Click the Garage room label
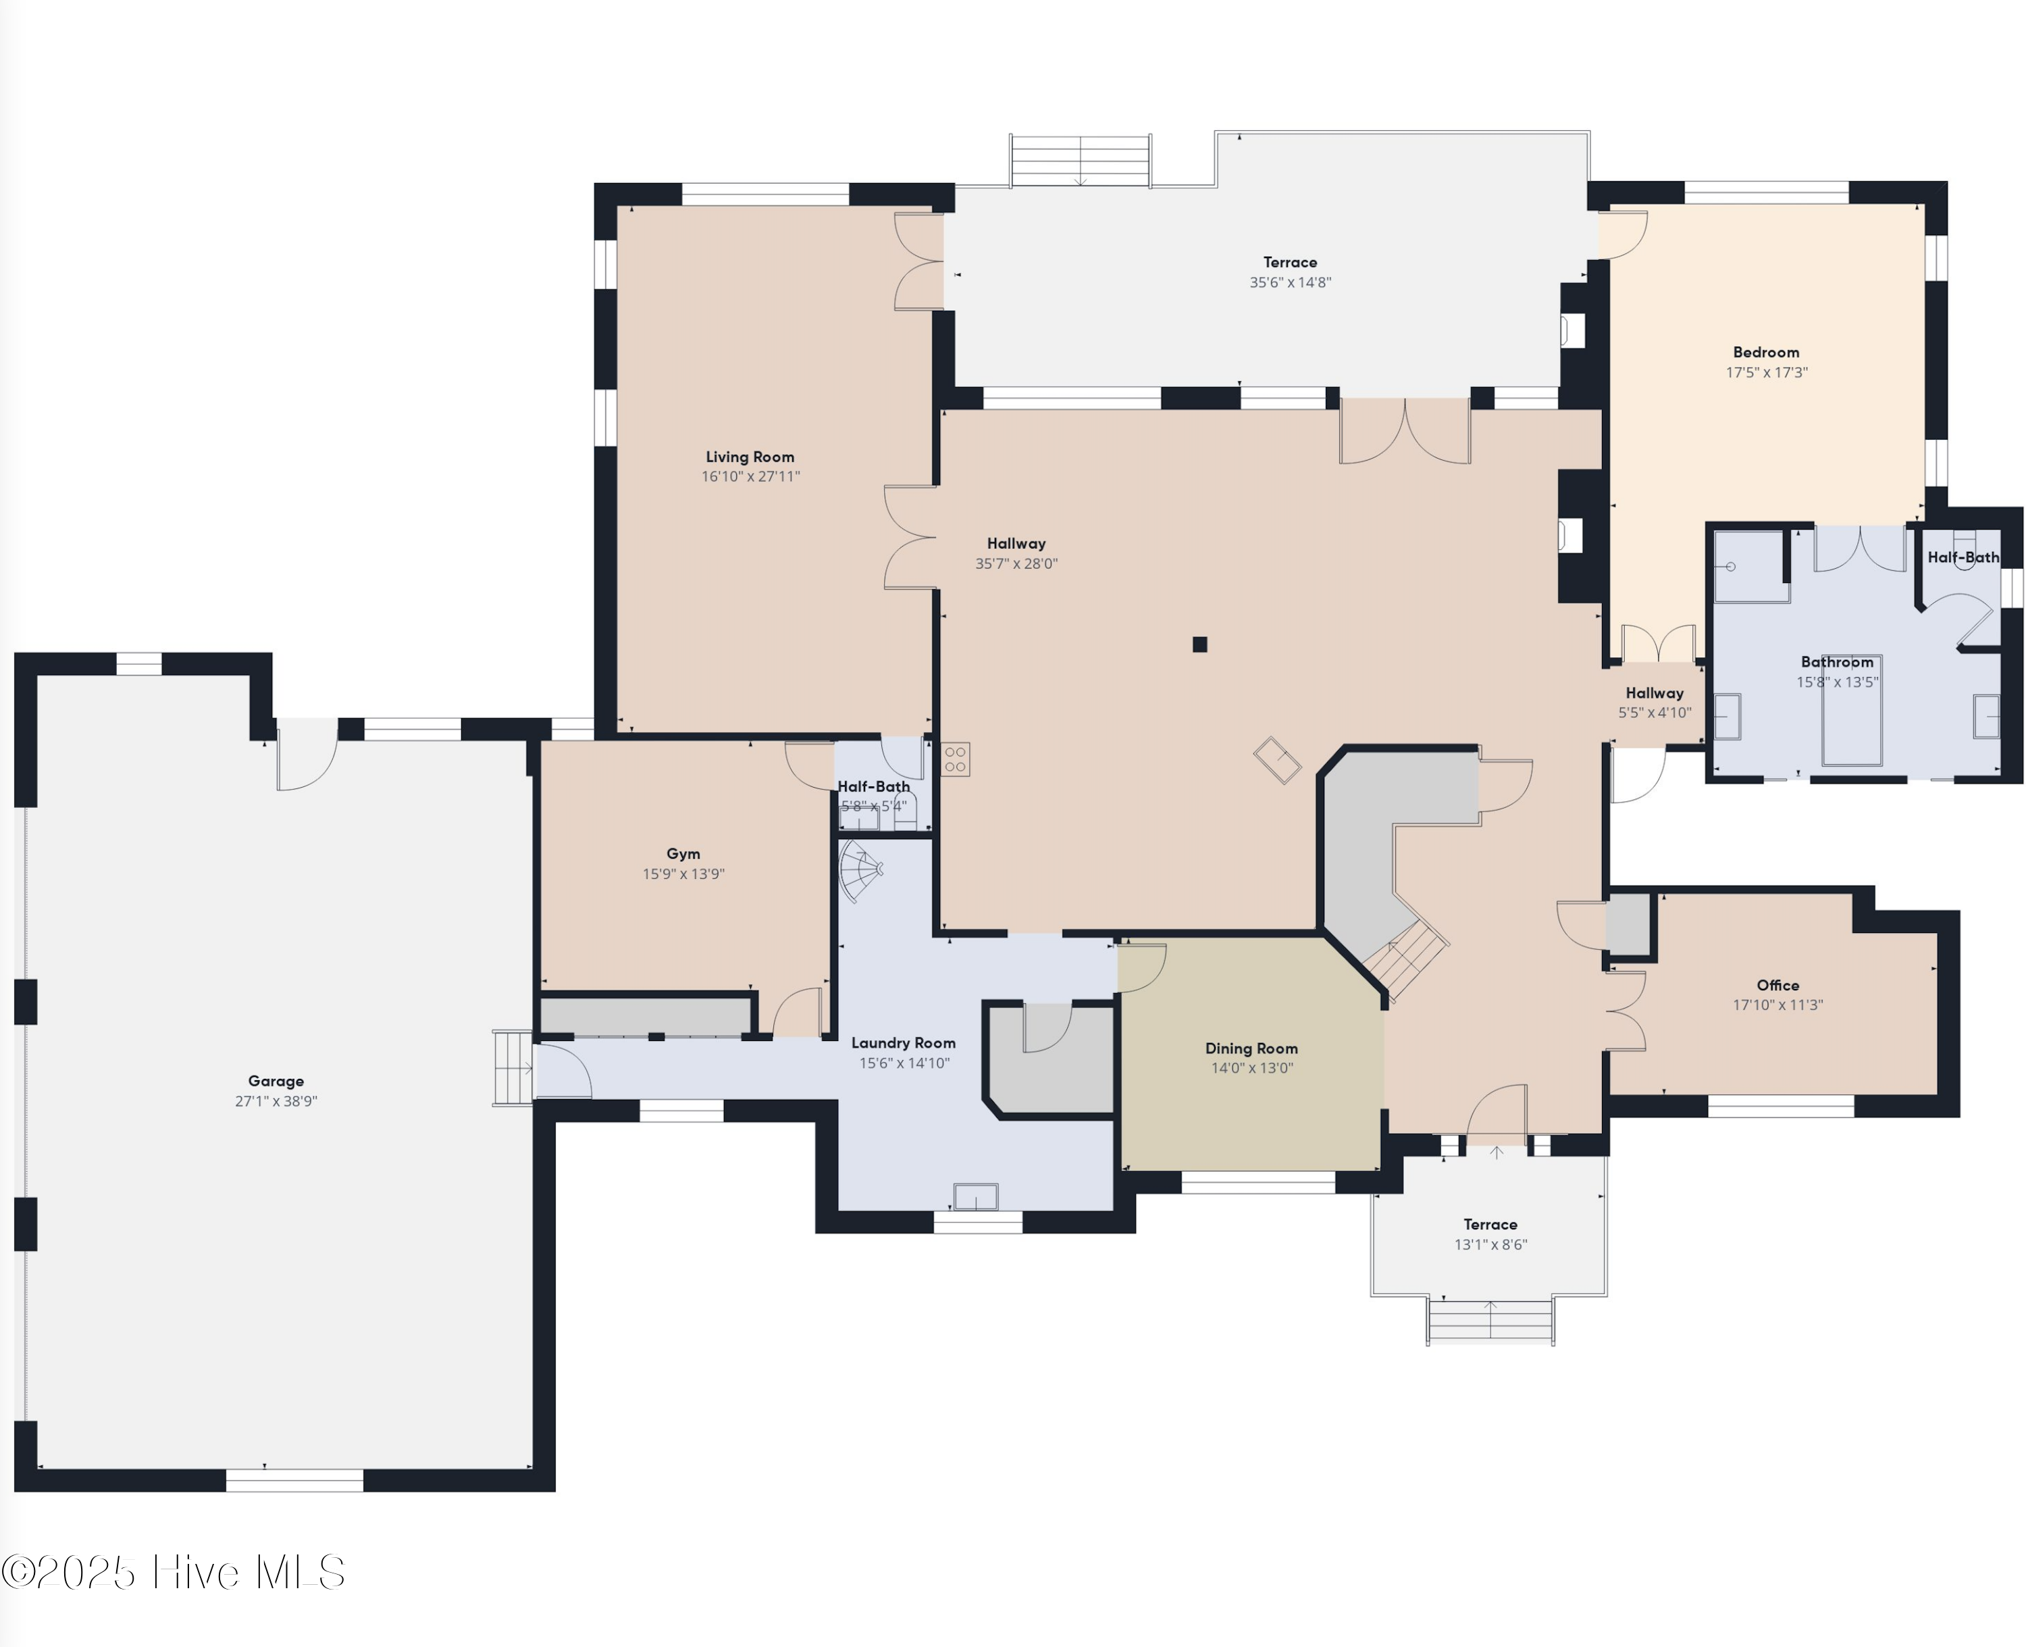[276, 1081]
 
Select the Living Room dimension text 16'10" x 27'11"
[750, 476]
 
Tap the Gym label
[683, 854]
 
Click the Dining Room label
[1251, 1048]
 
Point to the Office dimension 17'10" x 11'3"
[1777, 1005]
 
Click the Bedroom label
[1765, 352]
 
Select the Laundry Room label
[903, 1042]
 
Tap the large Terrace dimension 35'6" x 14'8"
[1290, 282]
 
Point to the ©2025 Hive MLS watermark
[174, 1572]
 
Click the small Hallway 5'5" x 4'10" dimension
[1654, 713]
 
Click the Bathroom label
[1836, 662]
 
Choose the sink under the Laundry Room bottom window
[975, 1196]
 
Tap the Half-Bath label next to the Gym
[873, 786]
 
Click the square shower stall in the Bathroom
[1749, 566]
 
